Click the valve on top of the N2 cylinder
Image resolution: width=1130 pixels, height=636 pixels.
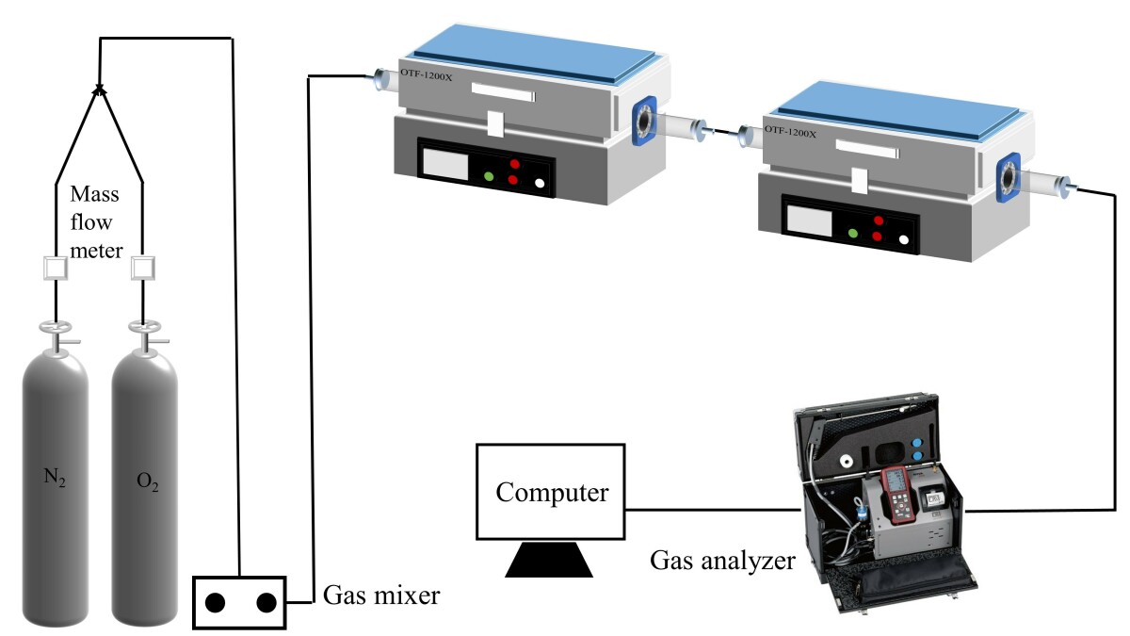pos(56,332)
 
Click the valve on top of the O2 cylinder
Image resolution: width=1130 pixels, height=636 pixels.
pos(144,332)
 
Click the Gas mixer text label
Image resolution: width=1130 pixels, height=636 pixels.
pos(381,595)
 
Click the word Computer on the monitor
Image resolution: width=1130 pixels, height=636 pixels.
pos(553,493)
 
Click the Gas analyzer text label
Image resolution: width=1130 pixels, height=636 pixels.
pos(723,563)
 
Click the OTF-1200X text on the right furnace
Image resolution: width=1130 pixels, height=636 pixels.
pos(789,133)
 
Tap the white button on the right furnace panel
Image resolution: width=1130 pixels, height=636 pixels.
pos(904,239)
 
